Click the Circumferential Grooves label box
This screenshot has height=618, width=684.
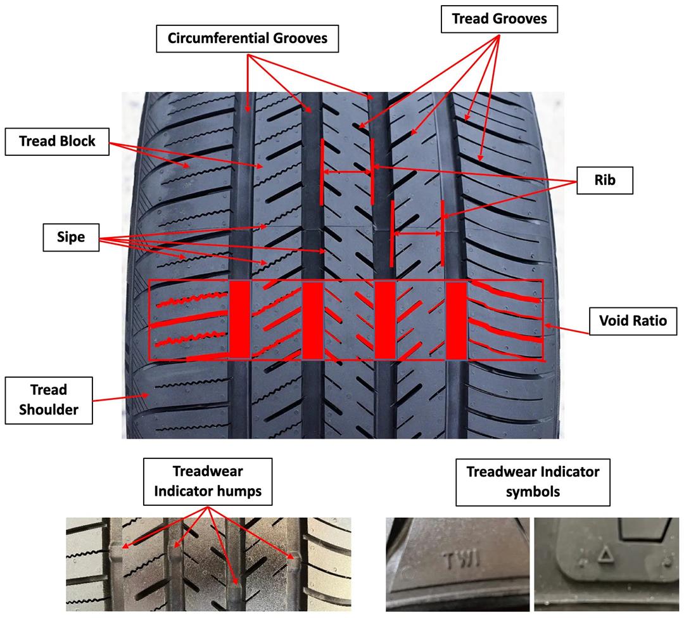click(248, 39)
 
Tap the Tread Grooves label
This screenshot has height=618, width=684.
click(500, 19)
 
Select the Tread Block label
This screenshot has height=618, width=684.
click(57, 141)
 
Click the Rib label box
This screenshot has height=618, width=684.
click(605, 180)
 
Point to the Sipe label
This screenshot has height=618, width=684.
click(71, 237)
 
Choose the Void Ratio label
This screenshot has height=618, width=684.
click(633, 321)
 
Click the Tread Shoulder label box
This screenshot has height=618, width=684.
click(49, 400)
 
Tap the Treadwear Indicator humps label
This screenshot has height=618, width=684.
click(208, 481)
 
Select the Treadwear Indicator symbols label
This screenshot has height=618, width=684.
click(533, 482)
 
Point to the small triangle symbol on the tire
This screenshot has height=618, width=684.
click(605, 556)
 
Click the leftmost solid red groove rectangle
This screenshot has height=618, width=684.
click(239, 319)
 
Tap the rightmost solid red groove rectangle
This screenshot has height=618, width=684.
click(456, 321)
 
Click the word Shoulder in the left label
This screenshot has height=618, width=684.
click(49, 410)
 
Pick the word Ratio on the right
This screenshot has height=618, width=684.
click(650, 321)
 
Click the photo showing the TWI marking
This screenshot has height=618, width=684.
click(458, 564)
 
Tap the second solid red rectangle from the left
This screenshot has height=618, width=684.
click(312, 321)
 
